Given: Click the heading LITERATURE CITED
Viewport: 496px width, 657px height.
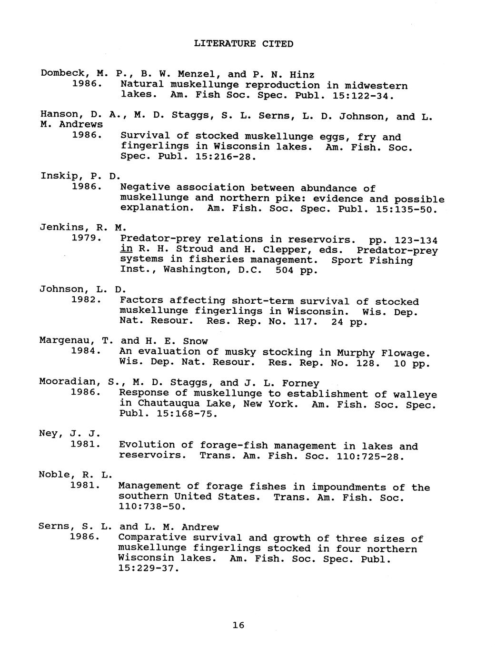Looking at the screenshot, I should pyautogui.click(x=243, y=44).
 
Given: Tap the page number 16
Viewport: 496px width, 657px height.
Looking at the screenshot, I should pyautogui.click(x=238, y=625).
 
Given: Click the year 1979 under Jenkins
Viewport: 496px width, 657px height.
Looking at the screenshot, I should pyautogui.click(x=85, y=238).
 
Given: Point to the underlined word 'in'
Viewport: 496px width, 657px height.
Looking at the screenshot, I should pyautogui.click(x=126, y=249).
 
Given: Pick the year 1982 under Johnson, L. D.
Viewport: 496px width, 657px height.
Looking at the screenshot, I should pyautogui.click(x=85, y=300).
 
